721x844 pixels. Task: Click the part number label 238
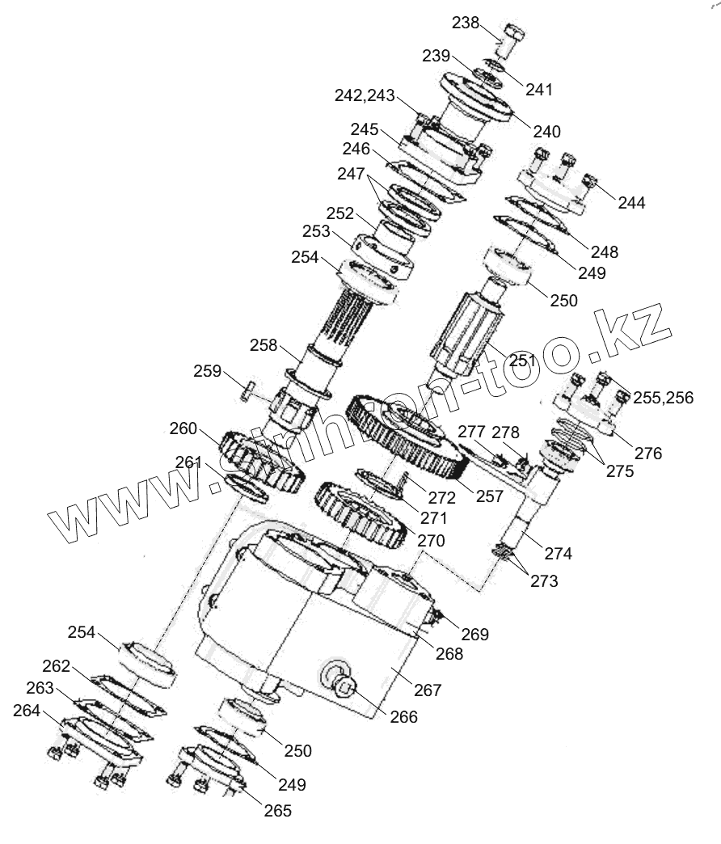pos(465,23)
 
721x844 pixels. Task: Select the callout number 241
pos(539,89)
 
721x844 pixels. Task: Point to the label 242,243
pos(365,95)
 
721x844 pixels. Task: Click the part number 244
pos(631,203)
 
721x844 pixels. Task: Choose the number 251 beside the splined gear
pos(522,360)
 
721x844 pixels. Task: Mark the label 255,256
pos(664,398)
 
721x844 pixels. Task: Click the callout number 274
pos(558,554)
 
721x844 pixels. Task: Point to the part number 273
pos(544,580)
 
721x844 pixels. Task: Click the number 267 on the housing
pos(428,690)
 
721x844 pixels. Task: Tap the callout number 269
pos(475,635)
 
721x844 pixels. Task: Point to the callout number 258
pos(264,345)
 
